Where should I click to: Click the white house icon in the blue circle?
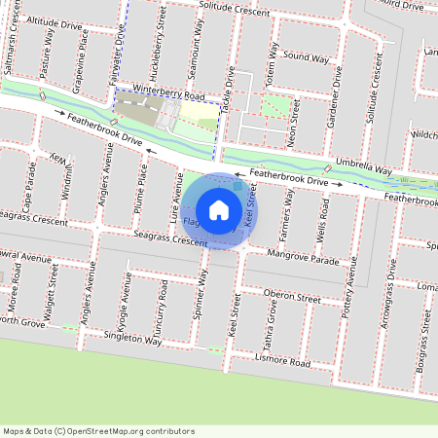[219, 210]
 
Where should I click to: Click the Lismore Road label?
[285, 362]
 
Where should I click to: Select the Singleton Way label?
[132, 341]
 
